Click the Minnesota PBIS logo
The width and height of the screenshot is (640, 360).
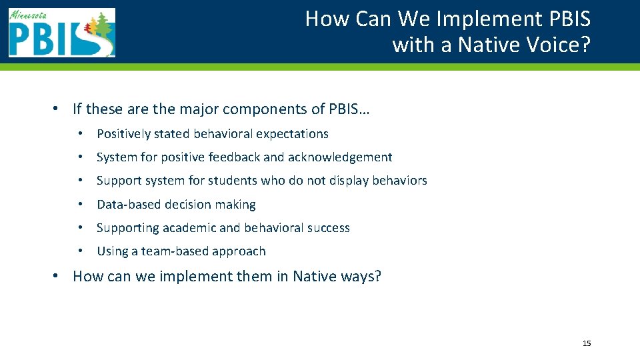point(62,33)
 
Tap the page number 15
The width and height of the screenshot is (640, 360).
point(587,343)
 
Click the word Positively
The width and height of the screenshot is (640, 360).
point(124,134)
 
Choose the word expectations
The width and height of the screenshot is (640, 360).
point(293,134)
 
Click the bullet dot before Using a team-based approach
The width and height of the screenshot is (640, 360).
point(79,251)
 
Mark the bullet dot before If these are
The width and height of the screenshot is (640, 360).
point(59,109)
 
